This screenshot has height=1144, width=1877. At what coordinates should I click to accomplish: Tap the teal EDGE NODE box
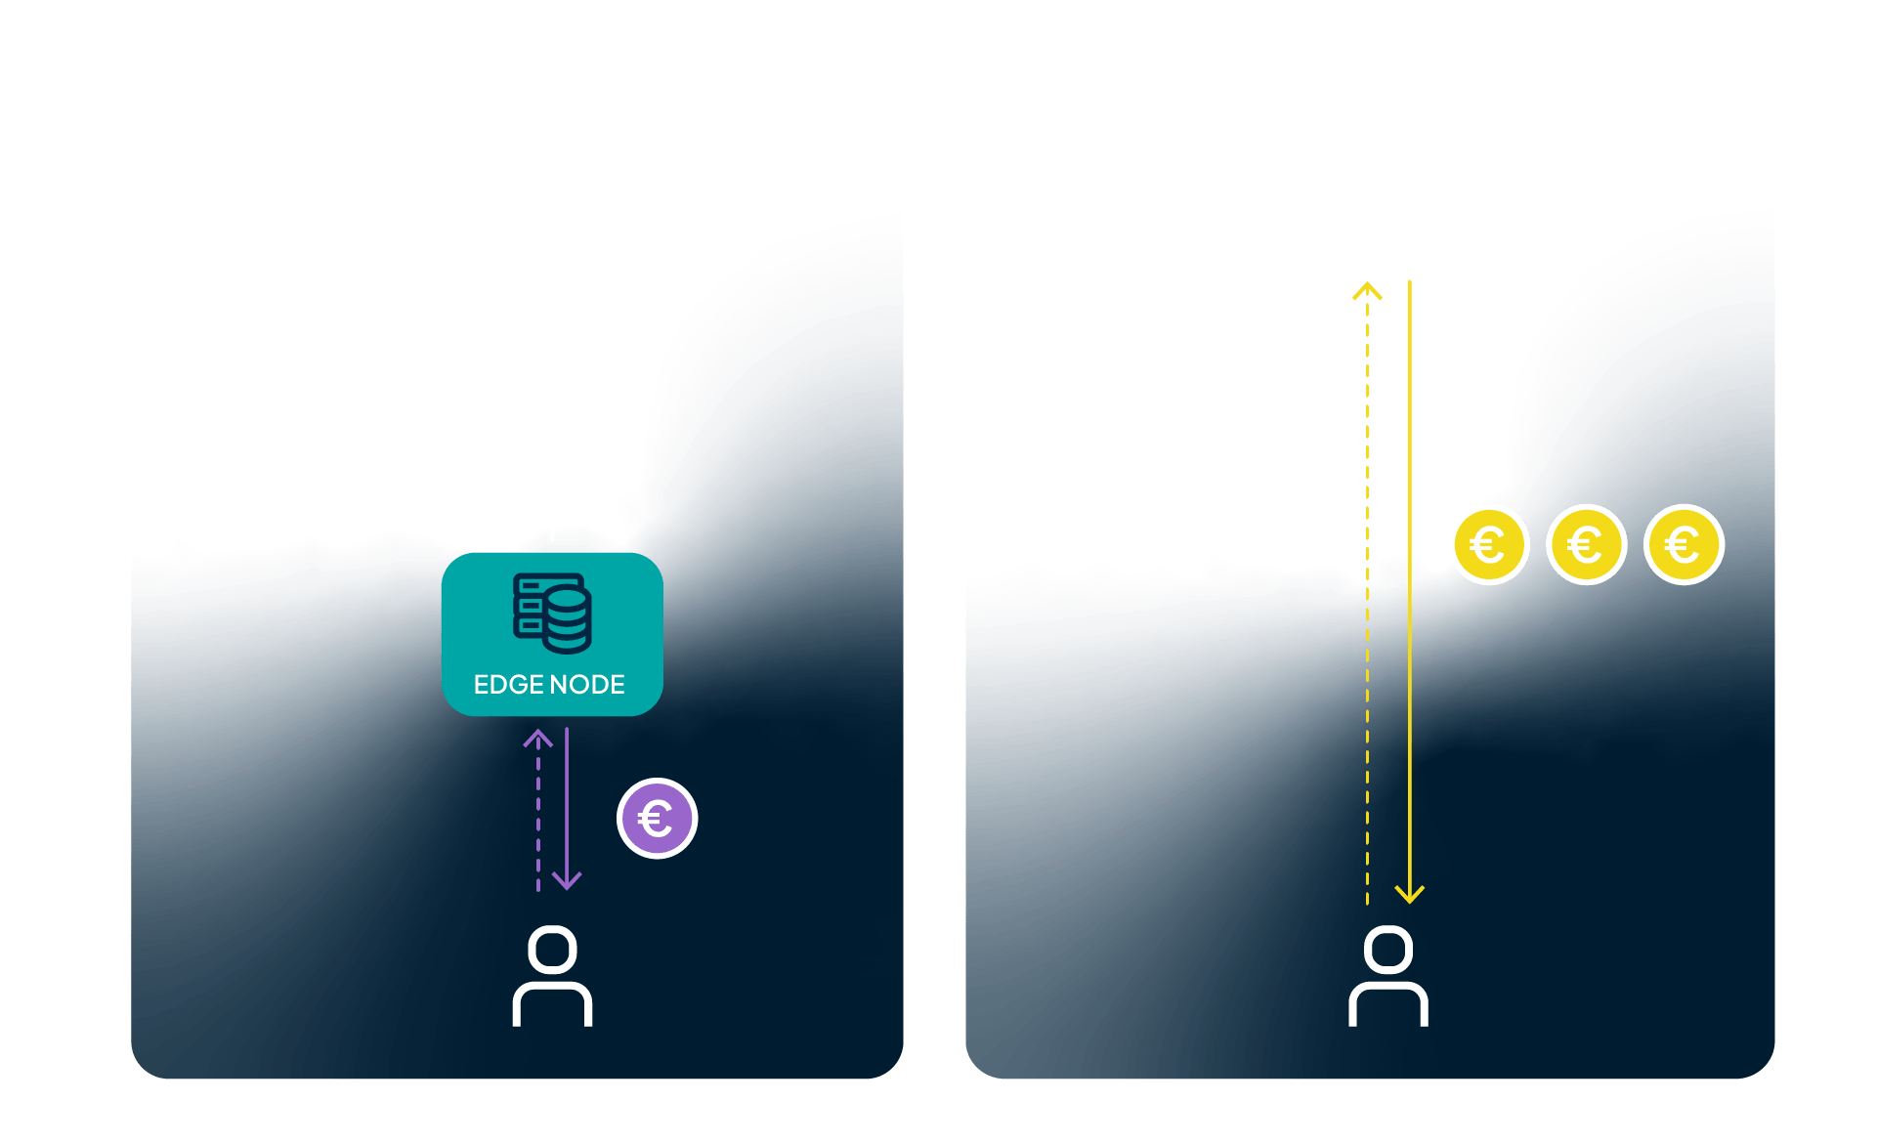tap(552, 634)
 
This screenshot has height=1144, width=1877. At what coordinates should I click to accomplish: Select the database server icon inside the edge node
tap(552, 613)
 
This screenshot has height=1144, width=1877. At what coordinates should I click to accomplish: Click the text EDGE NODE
tap(549, 684)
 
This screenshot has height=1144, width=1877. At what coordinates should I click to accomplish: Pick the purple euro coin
tap(657, 819)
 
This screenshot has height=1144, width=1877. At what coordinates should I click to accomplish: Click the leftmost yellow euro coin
tap(1488, 544)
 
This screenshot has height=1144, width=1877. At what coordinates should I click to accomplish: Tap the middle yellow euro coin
tap(1586, 544)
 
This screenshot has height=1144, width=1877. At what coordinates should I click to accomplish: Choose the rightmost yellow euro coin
tap(1684, 544)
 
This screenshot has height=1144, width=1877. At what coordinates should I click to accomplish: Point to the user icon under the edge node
tap(552, 976)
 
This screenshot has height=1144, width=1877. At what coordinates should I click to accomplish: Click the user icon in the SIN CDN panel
tap(1388, 976)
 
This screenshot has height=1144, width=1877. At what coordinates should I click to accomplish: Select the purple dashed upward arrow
tap(538, 811)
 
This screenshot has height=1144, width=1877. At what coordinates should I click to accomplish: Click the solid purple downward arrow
tap(567, 811)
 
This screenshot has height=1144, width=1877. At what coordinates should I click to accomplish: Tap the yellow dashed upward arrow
tap(1367, 586)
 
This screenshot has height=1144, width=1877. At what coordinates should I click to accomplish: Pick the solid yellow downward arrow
tap(1410, 586)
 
